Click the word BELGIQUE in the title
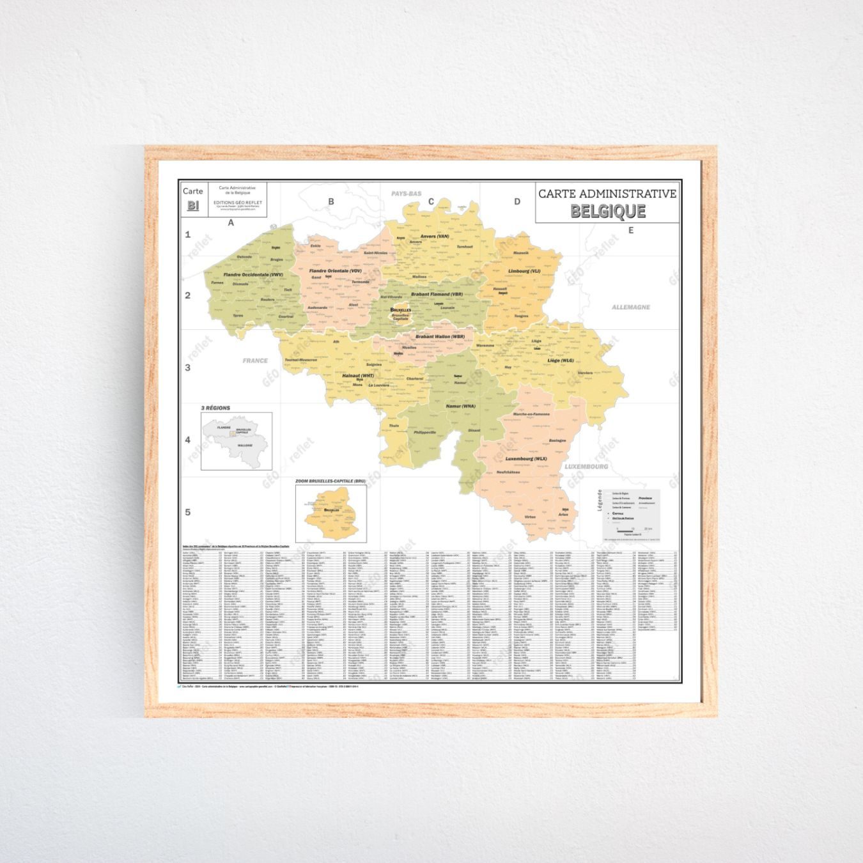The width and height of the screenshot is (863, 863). coord(607,211)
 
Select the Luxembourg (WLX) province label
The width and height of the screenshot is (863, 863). coord(526,459)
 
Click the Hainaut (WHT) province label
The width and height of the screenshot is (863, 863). coord(358,376)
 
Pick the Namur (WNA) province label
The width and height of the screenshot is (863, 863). coord(460,406)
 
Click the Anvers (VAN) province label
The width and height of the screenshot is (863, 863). coord(435,236)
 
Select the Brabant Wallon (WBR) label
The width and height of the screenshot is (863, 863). coord(440,336)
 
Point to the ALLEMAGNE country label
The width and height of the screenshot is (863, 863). coord(630,307)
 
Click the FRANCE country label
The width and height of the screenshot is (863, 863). coord(255,361)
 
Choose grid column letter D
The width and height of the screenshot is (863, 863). coord(517,201)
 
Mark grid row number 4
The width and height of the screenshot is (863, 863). coord(188,440)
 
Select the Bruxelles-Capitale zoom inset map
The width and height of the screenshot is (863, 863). coord(330,513)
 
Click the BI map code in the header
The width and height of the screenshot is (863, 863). coord(192,206)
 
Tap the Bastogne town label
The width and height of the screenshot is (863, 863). coord(557,440)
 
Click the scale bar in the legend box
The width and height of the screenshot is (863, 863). coord(633,530)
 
